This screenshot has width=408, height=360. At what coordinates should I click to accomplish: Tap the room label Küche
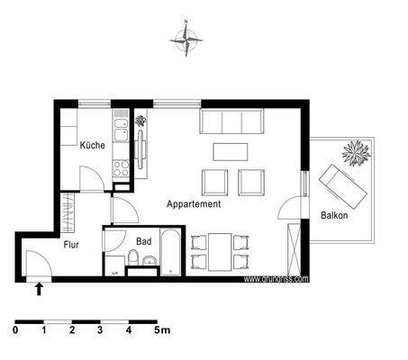92,146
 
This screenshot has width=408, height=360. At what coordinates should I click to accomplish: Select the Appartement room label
194,205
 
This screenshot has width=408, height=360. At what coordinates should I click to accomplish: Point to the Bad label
143,241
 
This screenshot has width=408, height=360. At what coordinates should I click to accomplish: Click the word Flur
72,244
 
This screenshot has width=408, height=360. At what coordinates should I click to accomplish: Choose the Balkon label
334,216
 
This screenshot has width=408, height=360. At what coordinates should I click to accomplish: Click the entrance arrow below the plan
39,289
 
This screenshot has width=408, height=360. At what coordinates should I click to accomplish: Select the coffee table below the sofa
229,150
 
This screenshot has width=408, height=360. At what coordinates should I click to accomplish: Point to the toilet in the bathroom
133,262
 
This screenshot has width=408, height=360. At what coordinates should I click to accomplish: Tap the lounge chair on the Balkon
342,184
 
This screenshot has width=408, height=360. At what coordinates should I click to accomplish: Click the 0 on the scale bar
16,330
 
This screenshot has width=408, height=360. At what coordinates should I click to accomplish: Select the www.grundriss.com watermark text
276,279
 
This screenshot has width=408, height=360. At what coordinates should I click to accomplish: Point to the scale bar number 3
101,330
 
